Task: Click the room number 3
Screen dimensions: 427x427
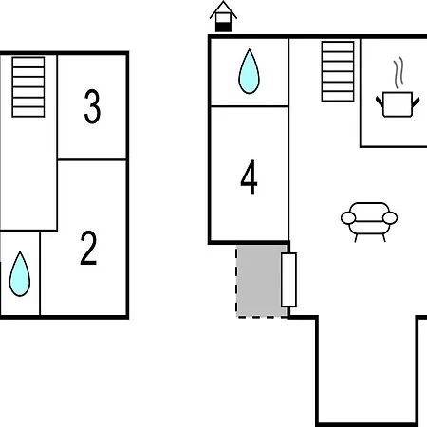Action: pos(92,106)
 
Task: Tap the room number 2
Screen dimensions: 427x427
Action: pos(88,248)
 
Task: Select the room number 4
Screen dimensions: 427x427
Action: pos(249,176)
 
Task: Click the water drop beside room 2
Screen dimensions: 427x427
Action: pos(20,274)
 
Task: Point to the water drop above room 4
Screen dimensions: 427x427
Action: pos(249,71)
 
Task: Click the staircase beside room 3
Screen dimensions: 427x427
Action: pos(28,87)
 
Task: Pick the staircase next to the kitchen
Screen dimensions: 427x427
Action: pos(338,71)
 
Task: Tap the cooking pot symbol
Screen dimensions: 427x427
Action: pos(398,104)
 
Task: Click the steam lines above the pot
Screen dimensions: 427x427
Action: pos(399,72)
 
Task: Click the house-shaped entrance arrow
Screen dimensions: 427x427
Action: pos(223,16)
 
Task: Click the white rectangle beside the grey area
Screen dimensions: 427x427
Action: pos(288,280)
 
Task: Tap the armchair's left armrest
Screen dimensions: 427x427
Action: pos(348,218)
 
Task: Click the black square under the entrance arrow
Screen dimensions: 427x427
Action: pos(223,28)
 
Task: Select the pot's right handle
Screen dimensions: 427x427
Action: pos(416,102)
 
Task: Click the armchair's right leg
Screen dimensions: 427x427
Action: pos(384,238)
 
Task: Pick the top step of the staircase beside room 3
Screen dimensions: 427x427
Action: pos(28,63)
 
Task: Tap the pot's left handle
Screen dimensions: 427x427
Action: pos(380,102)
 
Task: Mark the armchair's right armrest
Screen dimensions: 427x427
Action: pos(390,218)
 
